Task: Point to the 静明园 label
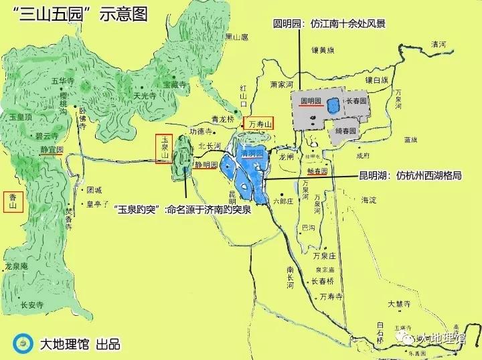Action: click(x=206, y=163)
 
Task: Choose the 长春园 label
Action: click(x=356, y=101)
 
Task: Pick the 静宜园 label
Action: click(x=51, y=150)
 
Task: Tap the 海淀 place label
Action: click(x=369, y=200)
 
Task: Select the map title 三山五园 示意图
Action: click(x=85, y=15)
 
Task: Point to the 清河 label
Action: click(x=438, y=44)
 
